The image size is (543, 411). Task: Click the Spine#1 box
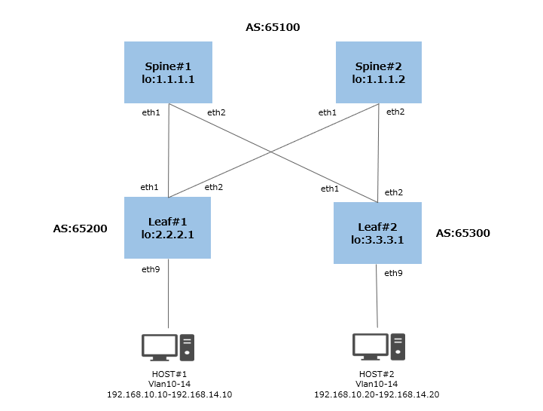pyautogui.click(x=168, y=72)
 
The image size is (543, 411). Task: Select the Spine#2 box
pyautogui.click(x=378, y=72)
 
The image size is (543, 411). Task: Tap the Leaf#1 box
pyautogui.click(x=168, y=229)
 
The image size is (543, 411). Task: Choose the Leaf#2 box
pyautogui.click(x=377, y=233)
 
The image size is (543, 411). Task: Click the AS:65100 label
pyautogui.click(x=273, y=28)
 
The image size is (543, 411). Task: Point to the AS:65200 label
pyautogui.click(x=81, y=227)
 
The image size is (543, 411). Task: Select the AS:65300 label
pyautogui.click(x=462, y=233)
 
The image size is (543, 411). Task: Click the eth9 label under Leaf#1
pyautogui.click(x=151, y=269)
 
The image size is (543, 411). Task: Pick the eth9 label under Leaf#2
pyautogui.click(x=393, y=273)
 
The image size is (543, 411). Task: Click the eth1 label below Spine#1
pyautogui.click(x=151, y=112)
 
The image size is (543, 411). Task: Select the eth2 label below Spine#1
pyautogui.click(x=216, y=112)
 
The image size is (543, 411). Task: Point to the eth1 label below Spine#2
pyautogui.click(x=328, y=112)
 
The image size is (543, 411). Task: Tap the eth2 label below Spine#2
pyautogui.click(x=395, y=112)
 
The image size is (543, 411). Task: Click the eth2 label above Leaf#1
pyautogui.click(x=214, y=187)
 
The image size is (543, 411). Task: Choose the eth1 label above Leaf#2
pyautogui.click(x=330, y=189)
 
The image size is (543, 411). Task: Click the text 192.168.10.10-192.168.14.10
pyautogui.click(x=169, y=394)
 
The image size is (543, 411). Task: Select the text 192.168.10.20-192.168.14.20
pyautogui.click(x=377, y=394)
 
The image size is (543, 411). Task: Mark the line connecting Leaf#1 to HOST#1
pyautogui.click(x=168, y=294)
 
